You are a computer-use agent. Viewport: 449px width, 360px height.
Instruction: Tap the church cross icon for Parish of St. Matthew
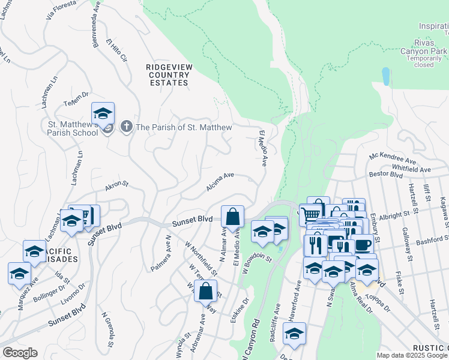click(x=126, y=127)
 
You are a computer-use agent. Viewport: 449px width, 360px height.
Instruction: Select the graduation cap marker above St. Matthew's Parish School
click(x=103, y=113)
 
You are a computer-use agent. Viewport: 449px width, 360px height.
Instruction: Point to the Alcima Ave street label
click(x=220, y=182)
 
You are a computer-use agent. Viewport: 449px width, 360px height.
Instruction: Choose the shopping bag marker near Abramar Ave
click(x=206, y=292)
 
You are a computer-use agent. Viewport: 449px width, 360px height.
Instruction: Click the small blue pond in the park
click(x=385, y=76)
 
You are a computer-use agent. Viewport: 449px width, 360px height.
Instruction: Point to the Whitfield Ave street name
click(x=411, y=169)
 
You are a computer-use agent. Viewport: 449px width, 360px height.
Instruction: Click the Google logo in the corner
click(x=20, y=353)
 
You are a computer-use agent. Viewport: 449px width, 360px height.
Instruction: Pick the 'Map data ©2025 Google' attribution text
click(x=412, y=355)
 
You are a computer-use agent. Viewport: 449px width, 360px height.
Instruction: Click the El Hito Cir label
click(x=116, y=51)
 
